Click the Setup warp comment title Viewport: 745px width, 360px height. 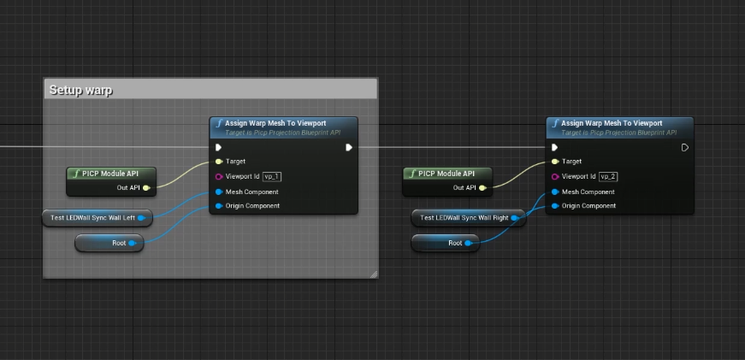[80, 90]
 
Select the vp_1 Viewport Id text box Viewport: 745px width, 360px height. [272, 177]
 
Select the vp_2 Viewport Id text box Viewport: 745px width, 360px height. [609, 177]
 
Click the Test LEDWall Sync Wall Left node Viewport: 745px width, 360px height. [98, 218]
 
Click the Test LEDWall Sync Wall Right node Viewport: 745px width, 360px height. [469, 218]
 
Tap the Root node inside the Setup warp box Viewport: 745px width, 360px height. [109, 243]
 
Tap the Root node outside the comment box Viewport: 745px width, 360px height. [445, 243]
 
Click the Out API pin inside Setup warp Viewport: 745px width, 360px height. [146, 188]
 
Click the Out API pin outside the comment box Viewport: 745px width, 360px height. [482, 188]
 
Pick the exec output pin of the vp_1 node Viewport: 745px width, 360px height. [349, 147]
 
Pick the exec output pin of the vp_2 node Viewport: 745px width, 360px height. [684, 147]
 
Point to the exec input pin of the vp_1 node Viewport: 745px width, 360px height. [219, 147]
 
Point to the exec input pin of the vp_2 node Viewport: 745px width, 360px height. [554, 147]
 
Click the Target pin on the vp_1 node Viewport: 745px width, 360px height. [219, 162]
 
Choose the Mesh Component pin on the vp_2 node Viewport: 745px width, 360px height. [555, 192]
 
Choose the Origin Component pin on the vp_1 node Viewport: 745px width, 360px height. [219, 205]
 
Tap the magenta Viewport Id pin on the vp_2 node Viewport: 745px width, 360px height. [555, 177]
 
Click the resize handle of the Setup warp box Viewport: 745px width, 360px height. [374, 274]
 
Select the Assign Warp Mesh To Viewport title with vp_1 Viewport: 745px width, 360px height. [275, 123]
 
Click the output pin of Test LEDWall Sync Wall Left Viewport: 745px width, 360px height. [140, 218]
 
